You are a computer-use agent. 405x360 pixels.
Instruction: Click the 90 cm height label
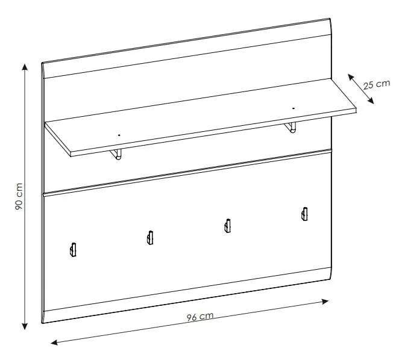(x=19, y=196)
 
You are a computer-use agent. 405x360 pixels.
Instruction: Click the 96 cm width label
(x=200, y=317)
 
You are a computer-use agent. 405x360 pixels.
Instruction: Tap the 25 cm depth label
(x=377, y=85)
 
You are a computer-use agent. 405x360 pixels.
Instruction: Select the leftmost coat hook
(x=73, y=250)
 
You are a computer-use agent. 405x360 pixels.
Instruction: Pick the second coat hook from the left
(x=150, y=238)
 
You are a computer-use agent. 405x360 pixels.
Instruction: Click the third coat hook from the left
(x=228, y=226)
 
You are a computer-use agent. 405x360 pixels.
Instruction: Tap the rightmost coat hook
(x=305, y=214)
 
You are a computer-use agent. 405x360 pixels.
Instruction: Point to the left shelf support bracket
(x=116, y=154)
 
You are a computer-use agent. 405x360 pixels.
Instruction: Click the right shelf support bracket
(x=290, y=128)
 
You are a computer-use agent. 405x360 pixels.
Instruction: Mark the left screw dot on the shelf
(x=119, y=135)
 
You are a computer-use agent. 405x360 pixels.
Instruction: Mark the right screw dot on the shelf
(x=293, y=108)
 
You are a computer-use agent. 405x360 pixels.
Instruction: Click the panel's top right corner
(x=330, y=19)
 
